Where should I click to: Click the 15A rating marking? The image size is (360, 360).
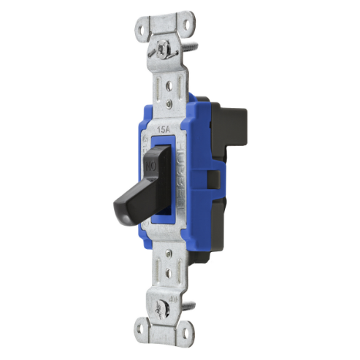[163, 129]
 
